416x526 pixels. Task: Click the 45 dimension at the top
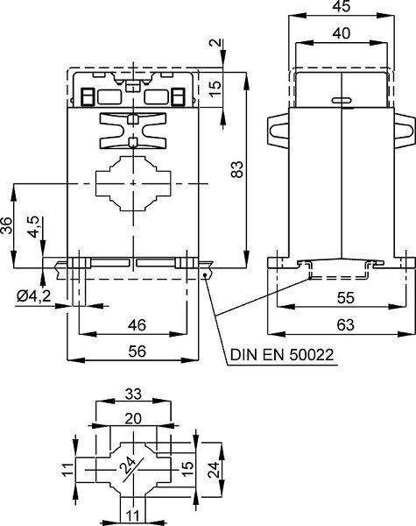(342, 6)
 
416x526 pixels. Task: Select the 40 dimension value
(342, 33)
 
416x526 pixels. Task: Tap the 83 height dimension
(237, 169)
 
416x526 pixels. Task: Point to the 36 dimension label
(6, 225)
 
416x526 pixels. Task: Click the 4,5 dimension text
(34, 227)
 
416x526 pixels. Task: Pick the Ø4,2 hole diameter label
(34, 296)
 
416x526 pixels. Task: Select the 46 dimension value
(137, 325)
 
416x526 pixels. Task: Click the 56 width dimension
(137, 352)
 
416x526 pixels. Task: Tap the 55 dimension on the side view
(346, 297)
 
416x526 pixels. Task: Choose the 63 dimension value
(346, 324)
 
